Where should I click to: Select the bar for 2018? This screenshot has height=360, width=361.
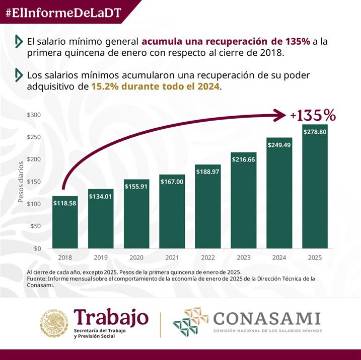(66, 221)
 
